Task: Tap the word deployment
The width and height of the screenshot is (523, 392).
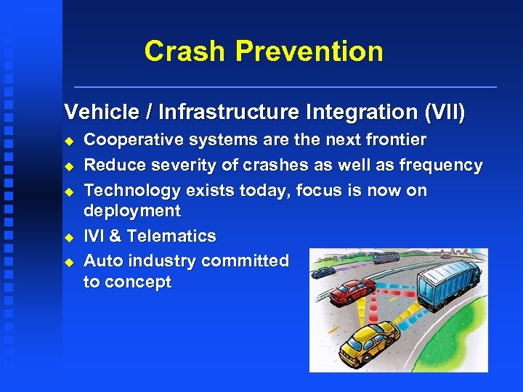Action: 132,211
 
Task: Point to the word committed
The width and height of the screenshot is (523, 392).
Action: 248,260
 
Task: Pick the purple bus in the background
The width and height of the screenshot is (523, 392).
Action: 385,258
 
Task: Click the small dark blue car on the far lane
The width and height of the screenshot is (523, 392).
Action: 323,271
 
